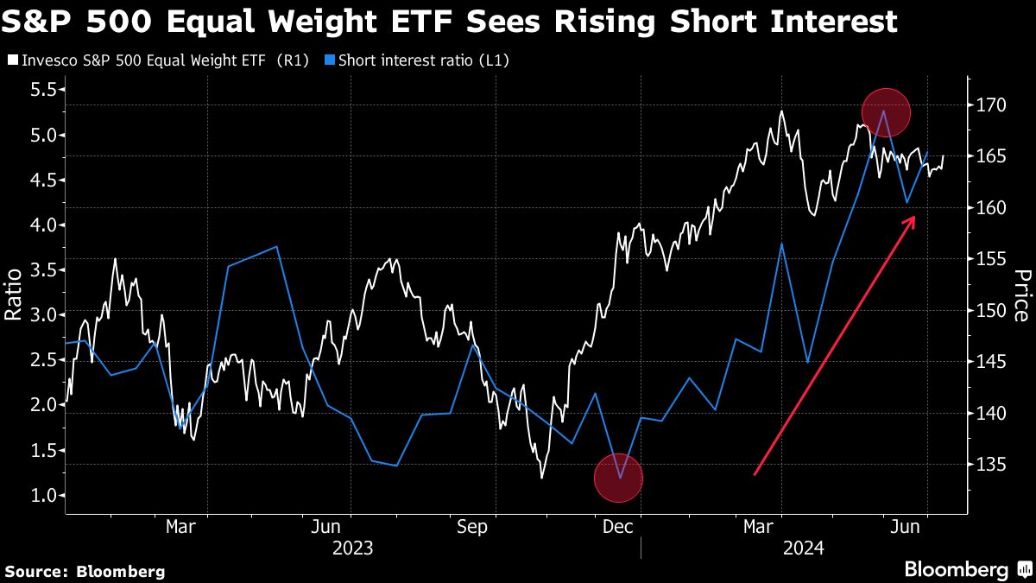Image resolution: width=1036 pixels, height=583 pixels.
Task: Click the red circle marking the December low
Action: coord(619,478)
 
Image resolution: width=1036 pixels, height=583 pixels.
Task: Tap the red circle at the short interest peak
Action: coord(886,111)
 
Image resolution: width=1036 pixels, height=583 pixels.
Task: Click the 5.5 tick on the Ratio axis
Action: coord(42,90)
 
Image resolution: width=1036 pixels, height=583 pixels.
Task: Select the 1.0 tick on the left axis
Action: coord(42,496)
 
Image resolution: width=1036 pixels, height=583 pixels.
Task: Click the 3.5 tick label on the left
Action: coord(42,270)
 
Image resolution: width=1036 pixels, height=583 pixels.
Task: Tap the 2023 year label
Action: coord(352,548)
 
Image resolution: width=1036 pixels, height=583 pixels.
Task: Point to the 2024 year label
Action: coord(803,548)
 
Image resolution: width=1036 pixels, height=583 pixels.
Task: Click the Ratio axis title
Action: coord(14,295)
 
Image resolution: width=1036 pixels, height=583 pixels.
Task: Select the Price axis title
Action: coord(1022,295)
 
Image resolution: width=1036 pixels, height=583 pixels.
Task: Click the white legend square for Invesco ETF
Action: coord(11,60)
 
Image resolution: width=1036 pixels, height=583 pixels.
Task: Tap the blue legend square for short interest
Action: coord(330,60)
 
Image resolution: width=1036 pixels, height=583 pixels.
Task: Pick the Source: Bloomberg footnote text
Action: coord(85,571)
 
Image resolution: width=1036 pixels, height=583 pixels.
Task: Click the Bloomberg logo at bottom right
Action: coord(967,570)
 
